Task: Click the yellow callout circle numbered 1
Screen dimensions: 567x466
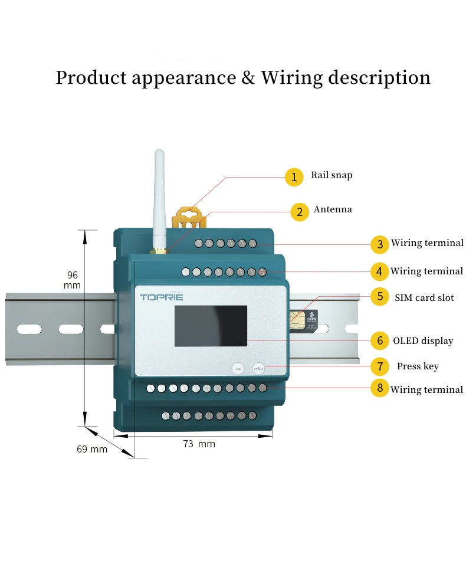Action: pyautogui.click(x=294, y=177)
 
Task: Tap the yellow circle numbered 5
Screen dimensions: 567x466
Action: pyautogui.click(x=380, y=297)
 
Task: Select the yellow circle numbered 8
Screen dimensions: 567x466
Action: pyautogui.click(x=380, y=389)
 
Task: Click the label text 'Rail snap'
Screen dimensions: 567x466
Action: pyautogui.click(x=332, y=175)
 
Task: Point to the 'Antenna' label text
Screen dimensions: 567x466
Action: pyautogui.click(x=333, y=209)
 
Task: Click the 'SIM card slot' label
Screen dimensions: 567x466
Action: pyautogui.click(x=424, y=297)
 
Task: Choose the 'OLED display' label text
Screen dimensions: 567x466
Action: pyautogui.click(x=423, y=341)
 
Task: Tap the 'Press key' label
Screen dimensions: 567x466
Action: pyautogui.click(x=418, y=366)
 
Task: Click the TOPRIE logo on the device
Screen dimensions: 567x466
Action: pyautogui.click(x=162, y=297)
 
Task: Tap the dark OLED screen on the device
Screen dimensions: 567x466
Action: pyautogui.click(x=210, y=326)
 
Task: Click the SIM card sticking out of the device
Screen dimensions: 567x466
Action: pyautogui.click(x=303, y=319)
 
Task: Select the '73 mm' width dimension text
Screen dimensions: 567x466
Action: pyautogui.click(x=199, y=444)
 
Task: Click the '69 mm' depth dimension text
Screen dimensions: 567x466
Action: pyautogui.click(x=92, y=449)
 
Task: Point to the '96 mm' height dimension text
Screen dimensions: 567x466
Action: pyautogui.click(x=72, y=280)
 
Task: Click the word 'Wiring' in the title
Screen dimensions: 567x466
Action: pyautogui.click(x=291, y=78)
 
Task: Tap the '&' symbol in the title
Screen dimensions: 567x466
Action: pyautogui.click(x=248, y=78)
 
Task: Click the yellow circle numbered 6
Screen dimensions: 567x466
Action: pyautogui.click(x=380, y=340)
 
